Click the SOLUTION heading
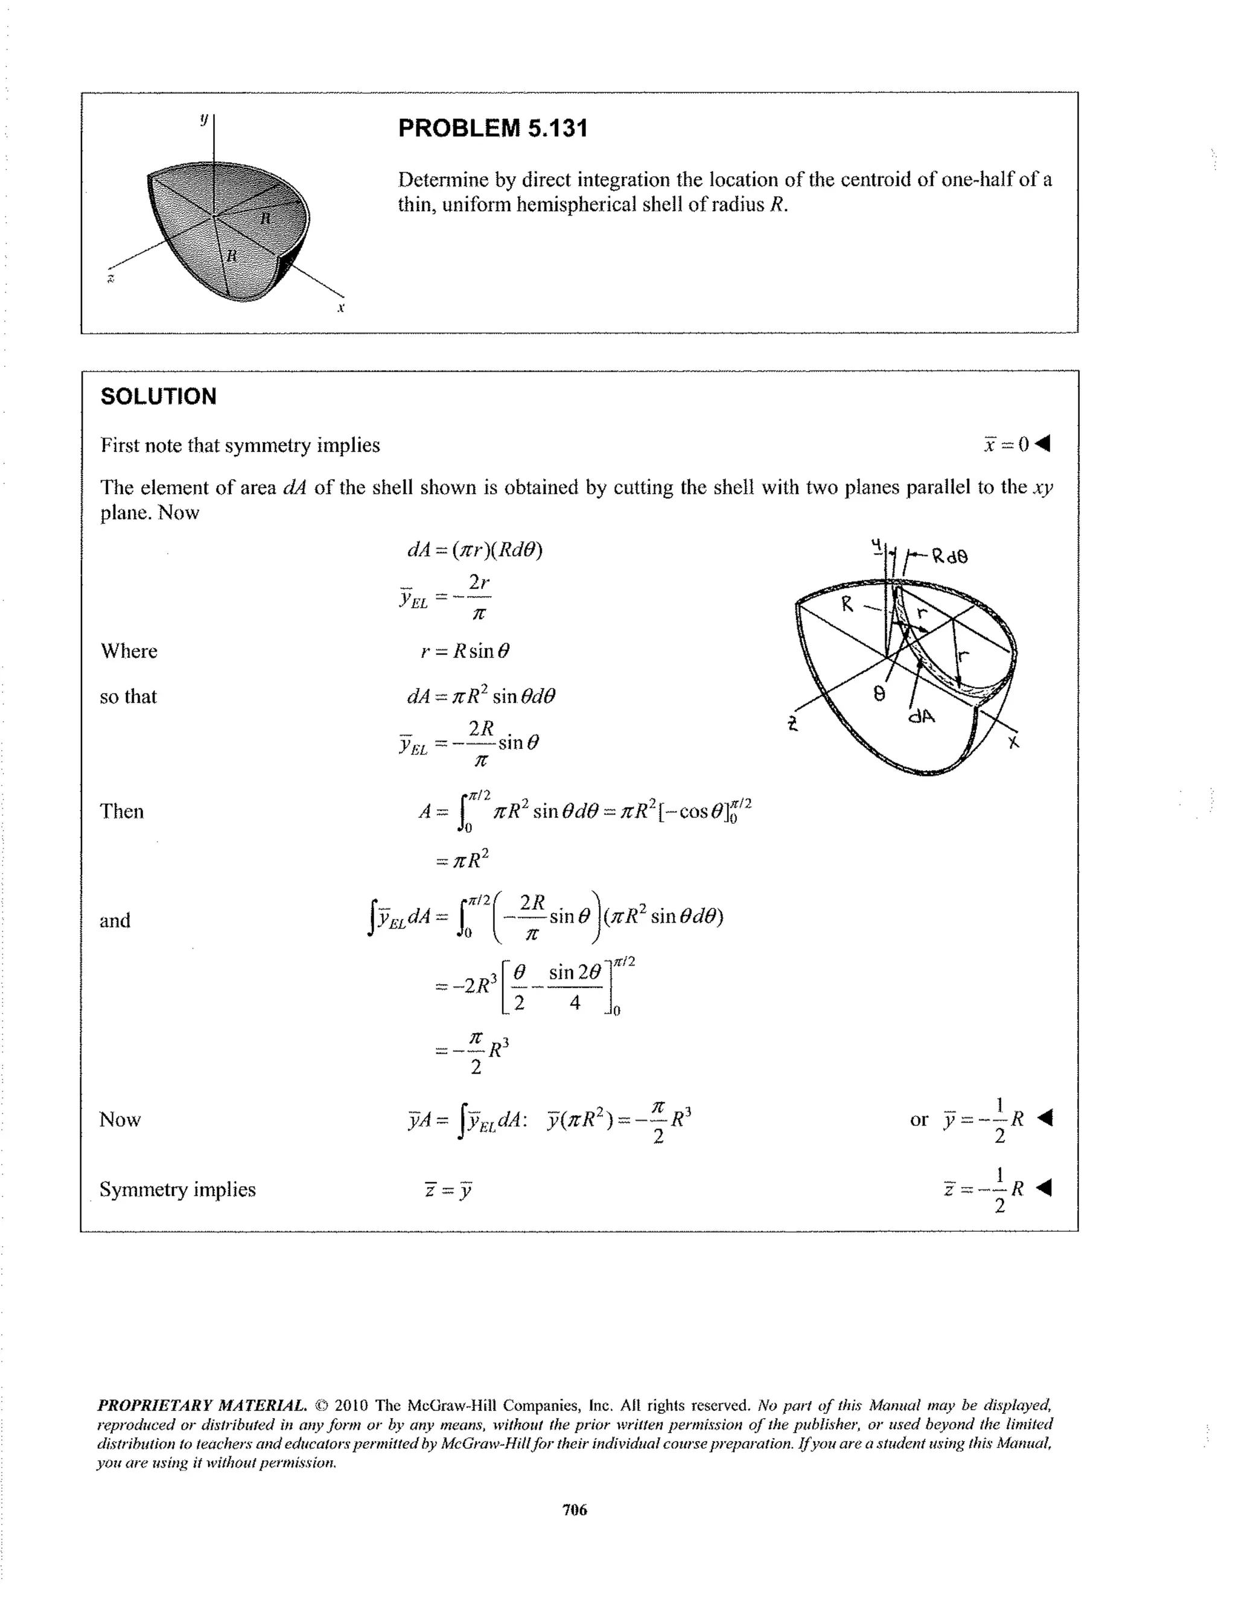[158, 396]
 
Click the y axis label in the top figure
[204, 118]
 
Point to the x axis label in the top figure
[341, 308]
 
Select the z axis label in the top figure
[111, 278]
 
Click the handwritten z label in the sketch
[792, 725]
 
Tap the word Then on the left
[122, 812]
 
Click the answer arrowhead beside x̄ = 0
[1043, 444]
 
